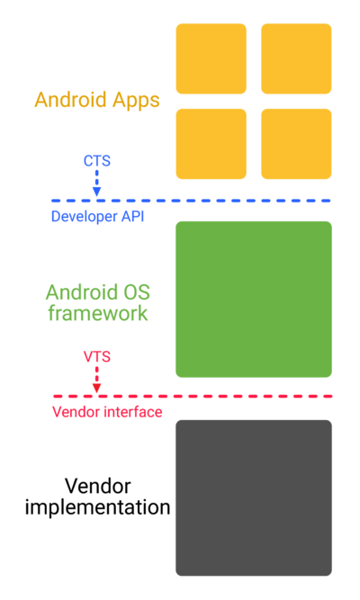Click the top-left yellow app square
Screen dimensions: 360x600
[211, 58]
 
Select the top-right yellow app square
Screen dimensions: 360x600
[296, 58]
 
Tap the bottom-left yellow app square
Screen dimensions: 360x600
[211, 144]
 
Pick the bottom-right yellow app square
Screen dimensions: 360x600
[296, 144]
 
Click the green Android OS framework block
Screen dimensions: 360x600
[254, 300]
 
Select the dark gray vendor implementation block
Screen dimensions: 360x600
[254, 497]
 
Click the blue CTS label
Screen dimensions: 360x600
[97, 161]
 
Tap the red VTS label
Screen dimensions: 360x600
[97, 356]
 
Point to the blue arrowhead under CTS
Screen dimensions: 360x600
[97, 192]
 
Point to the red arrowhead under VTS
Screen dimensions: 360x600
[97, 388]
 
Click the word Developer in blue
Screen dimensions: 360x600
[85, 217]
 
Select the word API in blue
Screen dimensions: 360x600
[133, 216]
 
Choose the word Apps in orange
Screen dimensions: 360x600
[136, 101]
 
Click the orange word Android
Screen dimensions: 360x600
[70, 100]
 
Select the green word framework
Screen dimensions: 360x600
[98, 313]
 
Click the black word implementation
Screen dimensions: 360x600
[98, 507]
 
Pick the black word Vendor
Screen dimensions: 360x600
[98, 487]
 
